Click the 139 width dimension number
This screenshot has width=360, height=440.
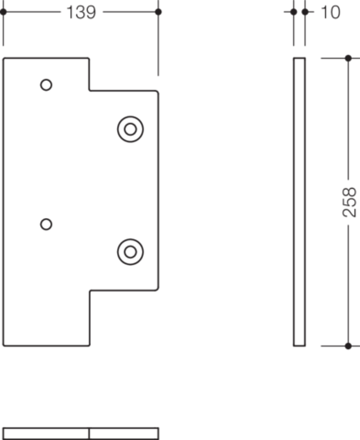click(x=81, y=12)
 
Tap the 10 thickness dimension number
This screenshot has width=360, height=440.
click(x=331, y=12)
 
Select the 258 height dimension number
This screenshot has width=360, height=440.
click(x=349, y=202)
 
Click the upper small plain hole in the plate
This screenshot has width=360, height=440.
click(x=46, y=85)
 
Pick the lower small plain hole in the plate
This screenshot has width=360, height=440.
click(x=46, y=224)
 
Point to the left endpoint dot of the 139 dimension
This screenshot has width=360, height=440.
click(x=3, y=12)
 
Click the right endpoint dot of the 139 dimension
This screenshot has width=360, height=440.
click(x=158, y=12)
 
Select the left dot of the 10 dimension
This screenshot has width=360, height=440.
click(x=294, y=12)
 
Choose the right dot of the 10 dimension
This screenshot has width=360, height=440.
click(x=305, y=12)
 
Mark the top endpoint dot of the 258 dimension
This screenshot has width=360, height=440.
click(x=348, y=58)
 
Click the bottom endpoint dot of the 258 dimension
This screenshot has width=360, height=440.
click(x=348, y=346)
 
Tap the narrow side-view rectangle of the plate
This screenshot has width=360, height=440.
click(x=294, y=202)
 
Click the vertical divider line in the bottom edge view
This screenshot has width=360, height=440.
click(x=89, y=434)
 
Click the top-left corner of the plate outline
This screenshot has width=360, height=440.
click(x=4, y=59)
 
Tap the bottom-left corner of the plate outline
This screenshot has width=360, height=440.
click(x=4, y=346)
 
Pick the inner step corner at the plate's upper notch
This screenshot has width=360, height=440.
click(x=90, y=90)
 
